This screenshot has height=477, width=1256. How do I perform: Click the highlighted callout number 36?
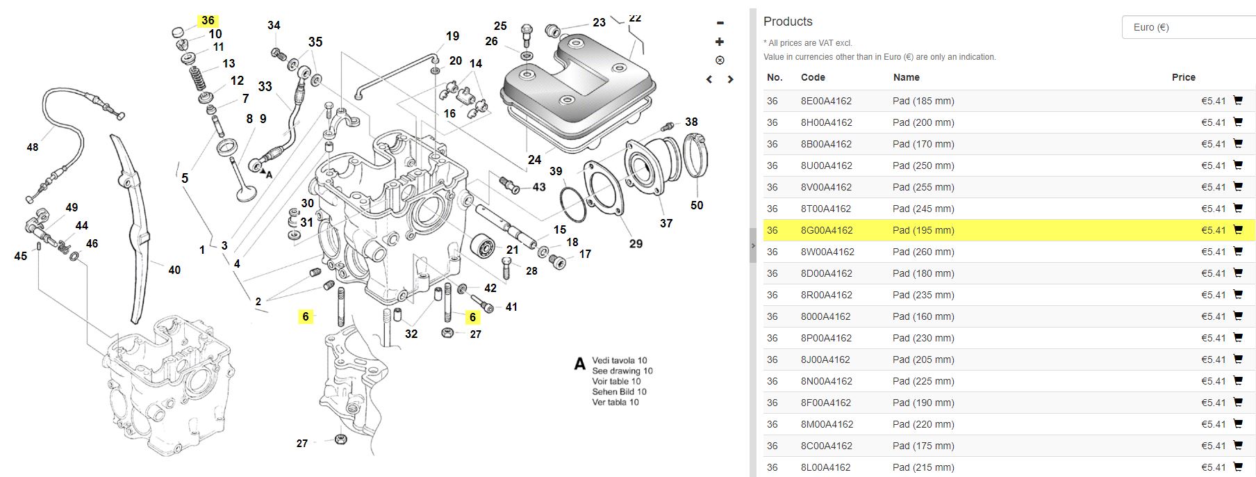208,20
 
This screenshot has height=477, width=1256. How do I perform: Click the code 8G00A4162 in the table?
826,230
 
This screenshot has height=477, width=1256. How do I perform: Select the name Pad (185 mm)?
923,101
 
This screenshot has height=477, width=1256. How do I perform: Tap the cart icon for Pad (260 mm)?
1237,251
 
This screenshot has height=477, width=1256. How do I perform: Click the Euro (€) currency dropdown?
1188,27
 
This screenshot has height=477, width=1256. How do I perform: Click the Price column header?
1183,77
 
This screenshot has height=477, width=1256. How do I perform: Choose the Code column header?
813,77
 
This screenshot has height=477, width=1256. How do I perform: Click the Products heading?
787,22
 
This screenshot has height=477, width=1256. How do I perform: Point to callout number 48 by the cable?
33,147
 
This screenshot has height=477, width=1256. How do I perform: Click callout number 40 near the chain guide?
174,270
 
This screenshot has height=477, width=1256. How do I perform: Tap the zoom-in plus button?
720,42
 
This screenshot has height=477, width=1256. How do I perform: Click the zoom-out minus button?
720,24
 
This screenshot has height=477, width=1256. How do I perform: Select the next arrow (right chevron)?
730,79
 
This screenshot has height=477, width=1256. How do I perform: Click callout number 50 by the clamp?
697,205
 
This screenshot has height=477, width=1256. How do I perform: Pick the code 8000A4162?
825,316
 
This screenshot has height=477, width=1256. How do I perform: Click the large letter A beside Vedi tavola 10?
579,364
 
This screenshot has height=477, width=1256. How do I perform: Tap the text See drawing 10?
622,371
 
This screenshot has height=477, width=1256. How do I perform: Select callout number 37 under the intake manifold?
666,223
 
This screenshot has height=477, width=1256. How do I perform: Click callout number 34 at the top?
274,25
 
